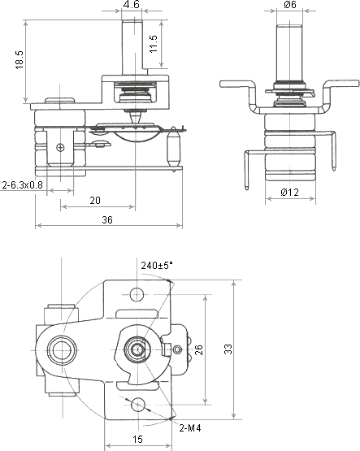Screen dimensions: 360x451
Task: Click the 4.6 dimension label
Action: pyautogui.click(x=132, y=5)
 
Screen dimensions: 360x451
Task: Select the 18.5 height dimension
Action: pyautogui.click(x=20, y=60)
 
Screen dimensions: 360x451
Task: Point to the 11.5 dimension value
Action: pyautogui.click(x=154, y=44)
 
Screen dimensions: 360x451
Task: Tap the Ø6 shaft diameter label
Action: pyautogui.click(x=290, y=5)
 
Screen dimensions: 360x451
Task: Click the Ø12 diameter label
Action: pyautogui.click(x=290, y=192)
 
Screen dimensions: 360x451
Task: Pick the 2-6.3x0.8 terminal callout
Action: pyautogui.click(x=23, y=185)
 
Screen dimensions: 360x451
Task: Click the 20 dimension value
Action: pyautogui.click(x=95, y=201)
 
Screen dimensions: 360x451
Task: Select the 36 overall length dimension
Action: pyautogui.click(x=107, y=220)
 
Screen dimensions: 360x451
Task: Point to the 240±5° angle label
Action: pyautogui.click(x=157, y=265)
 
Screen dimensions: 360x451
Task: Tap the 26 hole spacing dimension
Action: pyautogui.click(x=199, y=349)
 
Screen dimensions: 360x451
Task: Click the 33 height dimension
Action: pyautogui.click(x=228, y=349)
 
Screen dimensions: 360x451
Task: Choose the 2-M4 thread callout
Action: pyautogui.click(x=190, y=428)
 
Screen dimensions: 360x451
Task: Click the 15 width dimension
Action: pyautogui.click(x=137, y=440)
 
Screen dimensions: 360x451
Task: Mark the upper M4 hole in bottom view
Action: pyautogui.click(x=137, y=294)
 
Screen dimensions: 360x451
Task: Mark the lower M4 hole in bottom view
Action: pyautogui.click(x=138, y=405)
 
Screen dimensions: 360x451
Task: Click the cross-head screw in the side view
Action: pyautogui.click(x=60, y=148)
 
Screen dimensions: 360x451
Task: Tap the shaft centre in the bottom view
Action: pyautogui.click(x=137, y=349)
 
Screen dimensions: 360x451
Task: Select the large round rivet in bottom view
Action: pyautogui.click(x=61, y=350)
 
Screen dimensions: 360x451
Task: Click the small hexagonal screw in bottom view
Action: pyautogui.click(x=177, y=349)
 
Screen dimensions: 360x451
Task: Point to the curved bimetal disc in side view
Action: pyautogui.click(x=138, y=137)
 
